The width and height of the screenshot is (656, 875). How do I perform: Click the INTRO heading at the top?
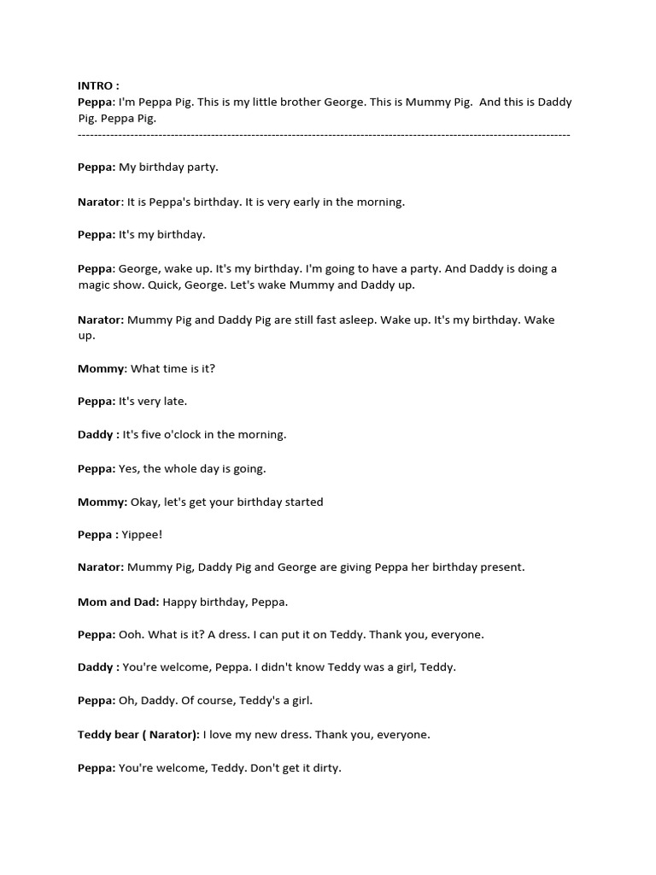pos(98,85)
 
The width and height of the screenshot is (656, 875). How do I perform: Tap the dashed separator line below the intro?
pos(324,135)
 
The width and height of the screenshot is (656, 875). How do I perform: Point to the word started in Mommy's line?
pos(303,502)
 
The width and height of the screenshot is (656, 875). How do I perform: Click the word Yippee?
pos(143,535)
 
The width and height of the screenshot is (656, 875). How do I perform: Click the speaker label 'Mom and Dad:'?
pos(118,602)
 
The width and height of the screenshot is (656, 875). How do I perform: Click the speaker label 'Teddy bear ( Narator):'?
pos(138,734)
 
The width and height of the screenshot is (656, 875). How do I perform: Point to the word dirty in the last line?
pos(325,767)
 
